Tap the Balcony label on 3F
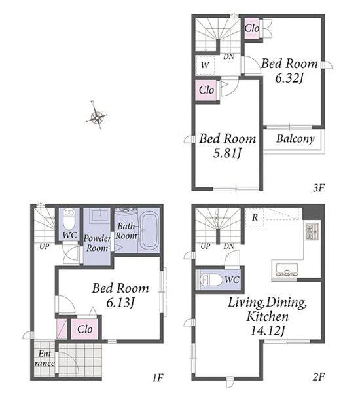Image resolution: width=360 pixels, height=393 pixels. pos(295,139)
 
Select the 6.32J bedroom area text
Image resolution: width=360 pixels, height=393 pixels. pos(289,78)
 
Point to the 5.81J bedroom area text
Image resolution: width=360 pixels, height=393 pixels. pos(227,153)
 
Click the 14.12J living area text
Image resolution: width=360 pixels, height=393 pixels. pos(268,331)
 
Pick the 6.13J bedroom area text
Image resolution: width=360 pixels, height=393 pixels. pos(120,303)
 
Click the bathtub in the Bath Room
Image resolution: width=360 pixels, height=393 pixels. pos(149,232)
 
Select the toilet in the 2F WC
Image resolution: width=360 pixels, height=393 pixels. pos(211,280)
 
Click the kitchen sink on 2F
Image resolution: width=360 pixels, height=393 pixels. pos(287,270)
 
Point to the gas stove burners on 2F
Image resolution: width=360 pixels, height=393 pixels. pos(312,231)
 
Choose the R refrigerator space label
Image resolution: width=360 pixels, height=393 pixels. pos(255,217)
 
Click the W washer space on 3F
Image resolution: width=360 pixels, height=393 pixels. pos(205,65)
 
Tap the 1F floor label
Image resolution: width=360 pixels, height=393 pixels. pos(158,377)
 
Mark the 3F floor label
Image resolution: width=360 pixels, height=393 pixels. pos(319,187)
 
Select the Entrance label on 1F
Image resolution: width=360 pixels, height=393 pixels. pos(45,358)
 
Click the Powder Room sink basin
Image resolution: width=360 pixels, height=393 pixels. pos(100,215)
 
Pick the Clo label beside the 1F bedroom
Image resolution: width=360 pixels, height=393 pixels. pos(85,329)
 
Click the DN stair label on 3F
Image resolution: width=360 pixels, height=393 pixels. pos(228,56)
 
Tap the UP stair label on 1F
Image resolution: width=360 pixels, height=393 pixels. pos(45,246)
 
